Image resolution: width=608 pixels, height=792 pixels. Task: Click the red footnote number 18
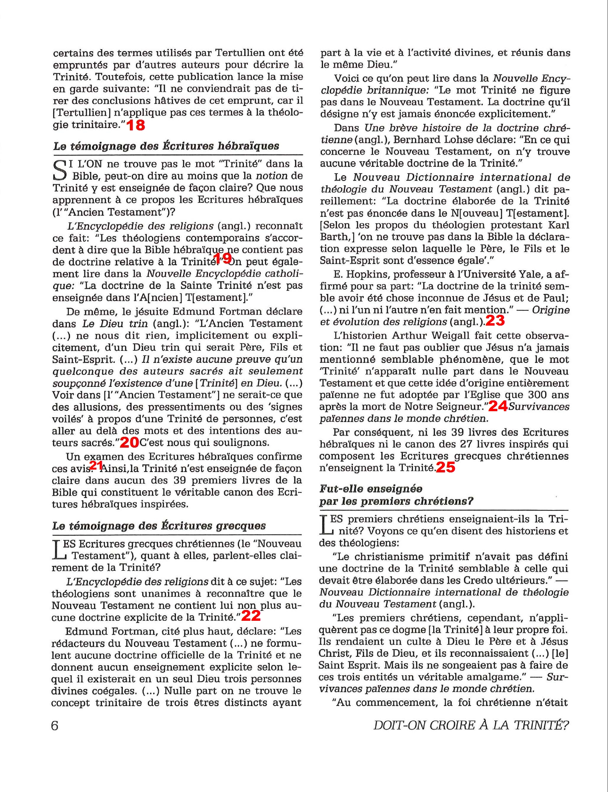point(136,125)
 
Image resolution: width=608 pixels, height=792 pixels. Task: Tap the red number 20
point(129,442)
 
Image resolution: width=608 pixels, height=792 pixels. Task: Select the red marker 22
point(251,616)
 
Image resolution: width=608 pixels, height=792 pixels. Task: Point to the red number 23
point(495,321)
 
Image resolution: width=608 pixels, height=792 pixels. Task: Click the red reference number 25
point(445,467)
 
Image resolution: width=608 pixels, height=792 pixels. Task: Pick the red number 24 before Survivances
point(498,406)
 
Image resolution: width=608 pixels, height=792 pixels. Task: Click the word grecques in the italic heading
point(241,526)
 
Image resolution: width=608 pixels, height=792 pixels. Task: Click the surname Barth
point(334,237)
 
